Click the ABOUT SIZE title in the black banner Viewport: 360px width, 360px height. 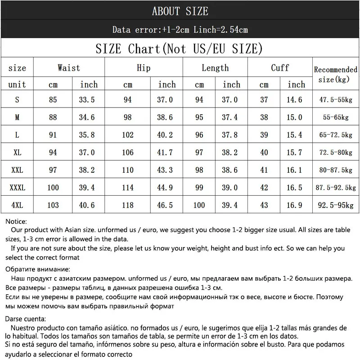click(180, 11)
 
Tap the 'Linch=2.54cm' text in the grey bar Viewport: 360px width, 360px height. click(221, 30)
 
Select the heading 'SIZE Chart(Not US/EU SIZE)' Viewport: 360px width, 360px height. click(179, 49)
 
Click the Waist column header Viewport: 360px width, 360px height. click(69, 68)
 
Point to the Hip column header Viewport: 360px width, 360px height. click(144, 68)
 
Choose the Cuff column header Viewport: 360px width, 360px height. click(280, 68)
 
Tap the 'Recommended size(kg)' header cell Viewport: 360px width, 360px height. click(335, 74)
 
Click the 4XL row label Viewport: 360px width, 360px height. click(17, 205)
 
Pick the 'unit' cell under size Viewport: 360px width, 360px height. click(17, 85)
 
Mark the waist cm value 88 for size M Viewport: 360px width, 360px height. click(53, 117)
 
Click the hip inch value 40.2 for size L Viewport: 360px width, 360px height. click(167, 135)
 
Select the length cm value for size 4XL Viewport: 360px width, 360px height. click(199, 205)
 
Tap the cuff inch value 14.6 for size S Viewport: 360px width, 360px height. click(294, 100)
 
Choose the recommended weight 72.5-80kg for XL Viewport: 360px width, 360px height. click(335, 153)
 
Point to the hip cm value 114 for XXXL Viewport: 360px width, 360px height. click(128, 188)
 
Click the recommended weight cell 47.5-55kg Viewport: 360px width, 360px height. click(335, 100)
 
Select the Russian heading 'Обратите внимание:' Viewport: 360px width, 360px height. click(38, 269)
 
